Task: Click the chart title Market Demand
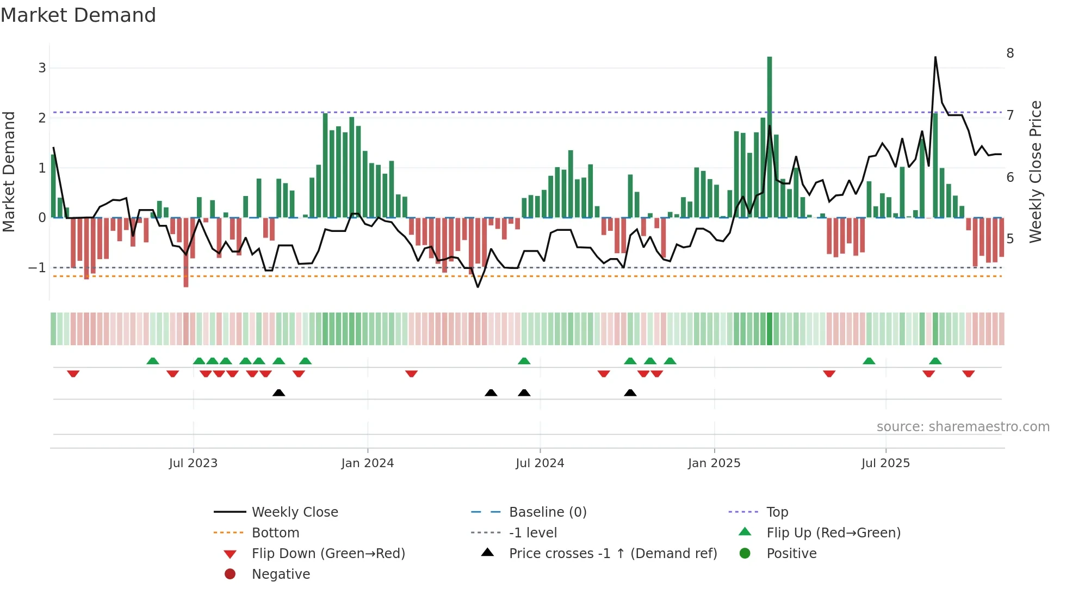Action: point(78,15)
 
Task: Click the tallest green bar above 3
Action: point(770,136)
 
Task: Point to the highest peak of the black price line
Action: point(935,57)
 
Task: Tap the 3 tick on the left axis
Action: point(42,68)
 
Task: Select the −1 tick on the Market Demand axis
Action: point(38,268)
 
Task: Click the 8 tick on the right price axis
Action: point(1010,53)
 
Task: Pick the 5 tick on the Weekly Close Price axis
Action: point(1010,239)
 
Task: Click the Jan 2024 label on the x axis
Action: point(367,463)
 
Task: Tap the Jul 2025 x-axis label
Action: point(885,463)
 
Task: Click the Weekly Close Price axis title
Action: point(1036,172)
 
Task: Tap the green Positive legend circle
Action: point(745,554)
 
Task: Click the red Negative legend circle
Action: point(230,574)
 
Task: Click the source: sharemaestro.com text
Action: point(963,427)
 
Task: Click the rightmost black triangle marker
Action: point(630,393)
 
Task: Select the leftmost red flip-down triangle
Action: point(73,374)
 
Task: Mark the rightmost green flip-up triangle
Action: point(935,361)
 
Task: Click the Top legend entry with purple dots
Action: point(777,512)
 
